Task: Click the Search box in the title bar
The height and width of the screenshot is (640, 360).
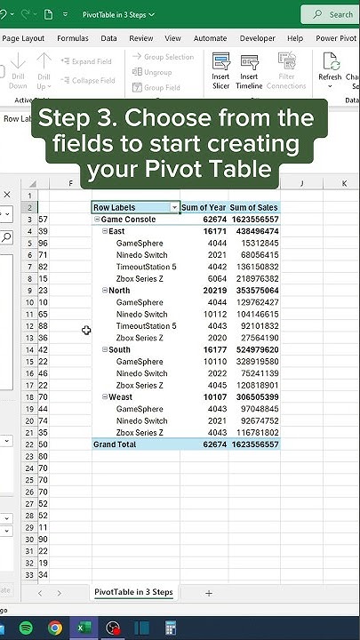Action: [331, 14]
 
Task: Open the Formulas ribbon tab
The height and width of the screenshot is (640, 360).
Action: [72, 39]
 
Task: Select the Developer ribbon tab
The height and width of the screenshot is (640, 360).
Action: [257, 39]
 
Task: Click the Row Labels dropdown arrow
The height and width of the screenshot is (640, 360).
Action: [174, 207]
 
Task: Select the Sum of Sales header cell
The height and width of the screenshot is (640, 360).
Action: [254, 207]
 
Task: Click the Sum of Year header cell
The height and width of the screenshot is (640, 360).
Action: [204, 207]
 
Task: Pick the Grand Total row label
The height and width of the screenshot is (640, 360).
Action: [115, 444]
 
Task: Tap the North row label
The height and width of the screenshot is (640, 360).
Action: [119, 291]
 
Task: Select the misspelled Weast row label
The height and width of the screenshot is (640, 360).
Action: [120, 397]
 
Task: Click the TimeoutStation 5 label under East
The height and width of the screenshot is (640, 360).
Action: [146, 267]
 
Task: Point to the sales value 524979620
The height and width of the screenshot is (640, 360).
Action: [254, 350]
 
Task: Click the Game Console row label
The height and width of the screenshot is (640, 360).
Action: [128, 219]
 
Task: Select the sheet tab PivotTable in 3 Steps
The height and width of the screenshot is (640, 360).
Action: [133, 592]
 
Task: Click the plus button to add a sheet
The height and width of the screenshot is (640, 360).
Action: [209, 593]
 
